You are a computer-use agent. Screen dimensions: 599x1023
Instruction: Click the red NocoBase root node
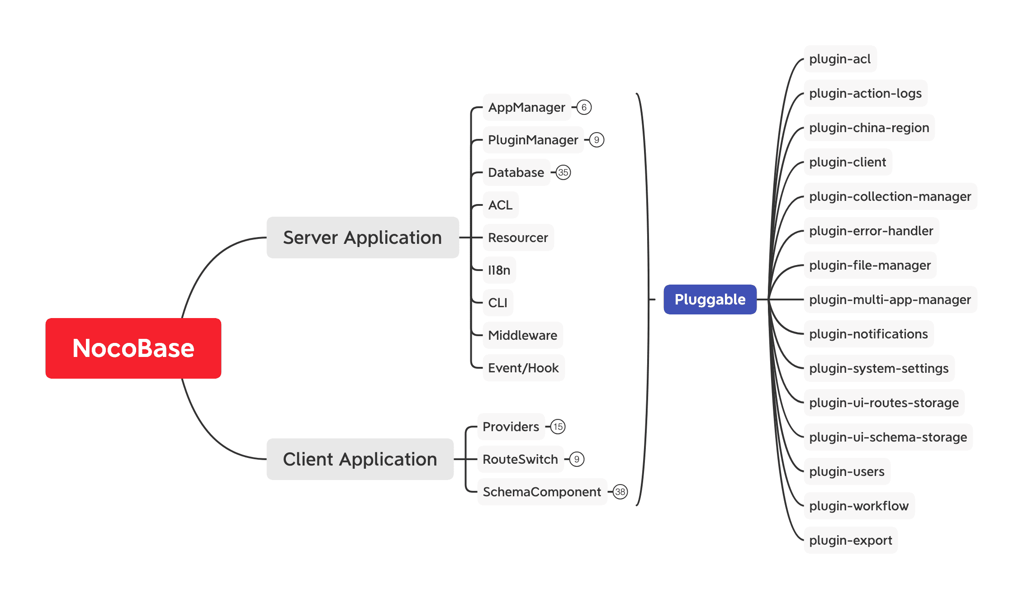[133, 348]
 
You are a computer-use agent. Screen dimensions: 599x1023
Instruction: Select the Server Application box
[362, 238]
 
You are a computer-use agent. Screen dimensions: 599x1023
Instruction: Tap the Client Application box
[360, 459]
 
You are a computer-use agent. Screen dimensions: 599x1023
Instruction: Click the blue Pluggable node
[710, 299]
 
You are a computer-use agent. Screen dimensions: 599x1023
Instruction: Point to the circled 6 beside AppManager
[584, 107]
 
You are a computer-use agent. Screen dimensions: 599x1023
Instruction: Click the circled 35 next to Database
[563, 172]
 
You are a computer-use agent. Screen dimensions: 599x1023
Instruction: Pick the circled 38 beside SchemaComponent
[620, 492]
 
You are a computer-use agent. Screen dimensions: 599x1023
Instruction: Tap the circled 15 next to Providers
[558, 427]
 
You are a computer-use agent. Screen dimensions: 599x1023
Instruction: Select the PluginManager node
[533, 140]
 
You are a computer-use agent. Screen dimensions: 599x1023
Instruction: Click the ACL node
[500, 205]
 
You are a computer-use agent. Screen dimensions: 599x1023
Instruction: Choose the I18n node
[499, 270]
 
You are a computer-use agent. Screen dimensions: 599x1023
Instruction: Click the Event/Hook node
[523, 368]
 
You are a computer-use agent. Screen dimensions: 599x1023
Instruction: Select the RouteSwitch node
[520, 459]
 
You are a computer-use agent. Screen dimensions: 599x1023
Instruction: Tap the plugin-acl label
[840, 59]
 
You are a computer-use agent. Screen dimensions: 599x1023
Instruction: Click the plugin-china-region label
[869, 128]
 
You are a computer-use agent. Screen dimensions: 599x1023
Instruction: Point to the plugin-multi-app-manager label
[890, 299]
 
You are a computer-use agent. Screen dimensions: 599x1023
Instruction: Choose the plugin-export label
[850, 540]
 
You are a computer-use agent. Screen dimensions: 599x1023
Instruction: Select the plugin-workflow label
[859, 506]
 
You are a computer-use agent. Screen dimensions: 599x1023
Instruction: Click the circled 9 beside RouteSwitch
[577, 459]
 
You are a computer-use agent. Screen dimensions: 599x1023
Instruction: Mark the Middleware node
[522, 335]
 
